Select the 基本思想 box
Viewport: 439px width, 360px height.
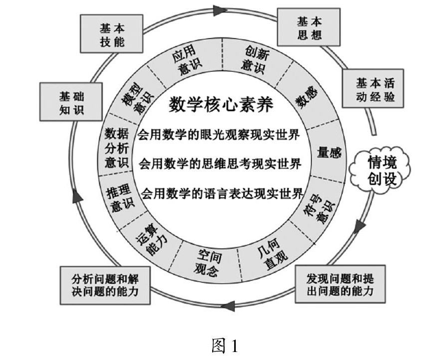310,28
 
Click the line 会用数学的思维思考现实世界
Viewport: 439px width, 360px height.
220,163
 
